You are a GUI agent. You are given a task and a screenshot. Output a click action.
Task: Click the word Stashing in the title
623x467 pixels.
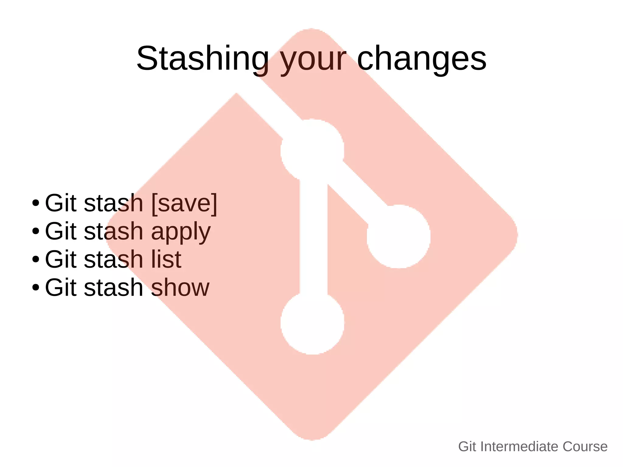(x=203, y=58)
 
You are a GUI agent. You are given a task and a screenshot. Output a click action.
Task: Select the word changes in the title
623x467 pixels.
(x=422, y=58)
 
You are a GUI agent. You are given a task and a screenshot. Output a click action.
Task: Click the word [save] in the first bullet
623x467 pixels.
(x=184, y=203)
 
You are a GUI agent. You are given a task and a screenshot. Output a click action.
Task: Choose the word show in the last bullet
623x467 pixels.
(x=180, y=287)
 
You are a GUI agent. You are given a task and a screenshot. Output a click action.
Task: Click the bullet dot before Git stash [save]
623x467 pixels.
(x=36, y=203)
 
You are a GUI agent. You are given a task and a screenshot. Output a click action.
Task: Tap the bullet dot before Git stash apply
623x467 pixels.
(x=36, y=231)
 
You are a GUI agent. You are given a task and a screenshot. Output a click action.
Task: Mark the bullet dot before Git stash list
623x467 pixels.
(x=36, y=259)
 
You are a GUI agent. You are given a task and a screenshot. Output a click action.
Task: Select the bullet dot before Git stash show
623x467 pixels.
(x=36, y=287)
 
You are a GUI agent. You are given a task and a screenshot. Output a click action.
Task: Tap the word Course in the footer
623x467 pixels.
(x=585, y=447)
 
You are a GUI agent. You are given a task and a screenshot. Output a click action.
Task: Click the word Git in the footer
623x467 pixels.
(x=467, y=447)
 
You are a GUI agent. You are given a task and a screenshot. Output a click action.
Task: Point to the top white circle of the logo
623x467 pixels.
(x=312, y=151)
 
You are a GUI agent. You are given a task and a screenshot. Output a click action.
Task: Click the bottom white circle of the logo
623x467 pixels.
(x=312, y=323)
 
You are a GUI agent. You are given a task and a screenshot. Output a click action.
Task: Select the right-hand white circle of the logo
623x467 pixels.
(x=399, y=236)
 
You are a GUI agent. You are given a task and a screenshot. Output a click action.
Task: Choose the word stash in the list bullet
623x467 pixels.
(x=113, y=259)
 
